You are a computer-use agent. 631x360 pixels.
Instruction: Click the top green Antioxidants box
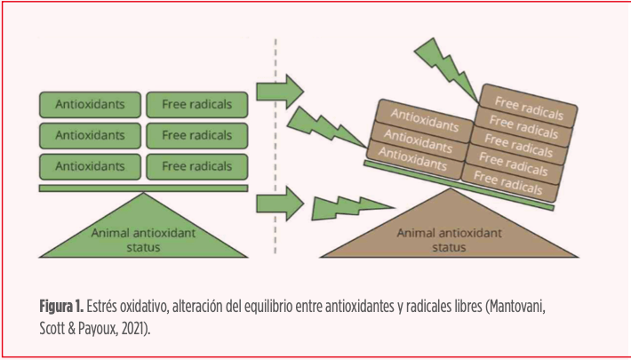coord(90,104)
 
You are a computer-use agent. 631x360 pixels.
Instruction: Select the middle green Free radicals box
coord(196,135)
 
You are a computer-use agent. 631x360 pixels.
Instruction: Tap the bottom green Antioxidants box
coord(90,165)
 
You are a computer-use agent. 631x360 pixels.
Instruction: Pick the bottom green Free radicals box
coord(196,165)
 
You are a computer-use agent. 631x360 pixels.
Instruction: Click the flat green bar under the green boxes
coord(143,188)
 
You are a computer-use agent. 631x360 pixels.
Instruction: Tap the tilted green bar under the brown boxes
coord(459,186)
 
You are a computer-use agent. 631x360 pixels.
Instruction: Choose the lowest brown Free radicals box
coord(508,181)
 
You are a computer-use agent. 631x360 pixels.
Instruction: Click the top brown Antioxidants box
coord(425,118)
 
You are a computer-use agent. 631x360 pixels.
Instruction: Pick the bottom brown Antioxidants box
coord(413,157)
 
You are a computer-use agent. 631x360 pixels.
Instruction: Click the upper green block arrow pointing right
coord(278,90)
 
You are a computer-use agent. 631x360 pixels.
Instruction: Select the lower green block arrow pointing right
coord(278,204)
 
